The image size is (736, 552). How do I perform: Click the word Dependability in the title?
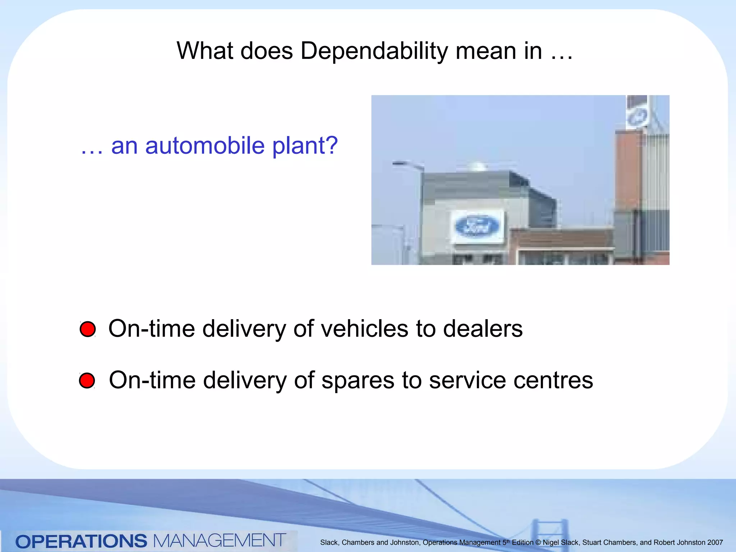(374, 51)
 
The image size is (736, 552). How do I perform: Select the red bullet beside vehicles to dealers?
(88, 329)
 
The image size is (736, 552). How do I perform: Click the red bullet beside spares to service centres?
(87, 381)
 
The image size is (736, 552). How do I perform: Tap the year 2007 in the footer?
(715, 543)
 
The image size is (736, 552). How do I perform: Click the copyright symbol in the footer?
(538, 543)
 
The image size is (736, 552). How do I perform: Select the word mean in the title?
(499, 51)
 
